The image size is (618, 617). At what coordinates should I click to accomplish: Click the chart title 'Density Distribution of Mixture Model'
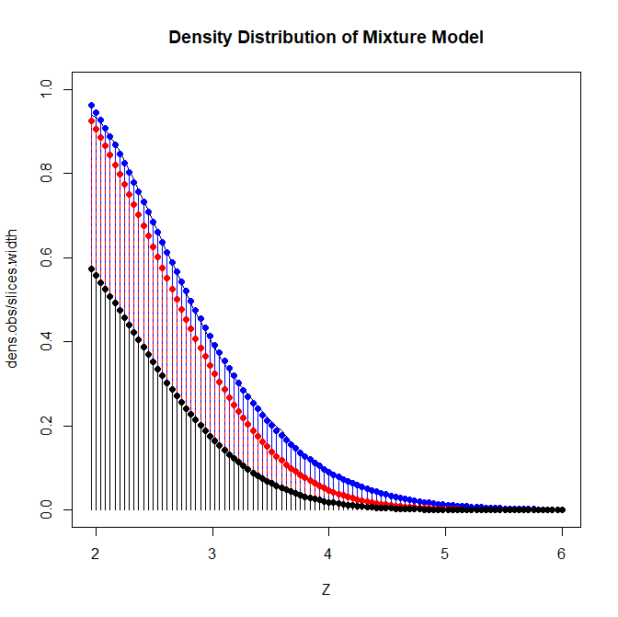pos(326,38)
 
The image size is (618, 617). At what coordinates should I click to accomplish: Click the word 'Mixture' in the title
pos(399,38)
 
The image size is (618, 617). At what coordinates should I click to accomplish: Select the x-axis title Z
pos(326,589)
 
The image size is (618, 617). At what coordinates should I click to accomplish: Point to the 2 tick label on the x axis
pos(96,555)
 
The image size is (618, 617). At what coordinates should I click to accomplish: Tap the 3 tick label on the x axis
pos(212,555)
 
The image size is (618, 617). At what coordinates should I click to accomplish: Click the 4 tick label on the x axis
pos(329,555)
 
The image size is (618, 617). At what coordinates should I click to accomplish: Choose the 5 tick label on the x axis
pos(445,555)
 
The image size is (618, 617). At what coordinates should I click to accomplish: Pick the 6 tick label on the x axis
pos(562,555)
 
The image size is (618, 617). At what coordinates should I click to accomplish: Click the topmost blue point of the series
pos(91,105)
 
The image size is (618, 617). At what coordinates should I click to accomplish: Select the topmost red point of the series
pos(91,120)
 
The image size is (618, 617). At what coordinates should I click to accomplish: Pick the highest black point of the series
pos(91,269)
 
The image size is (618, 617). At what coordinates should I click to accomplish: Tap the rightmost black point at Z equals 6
pos(562,509)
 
